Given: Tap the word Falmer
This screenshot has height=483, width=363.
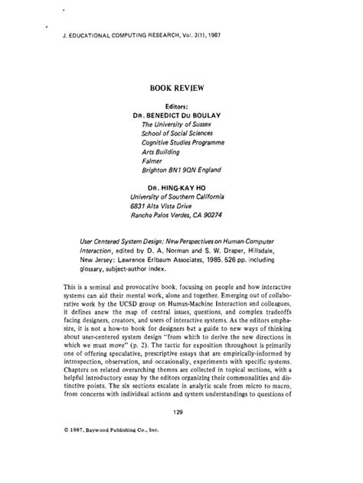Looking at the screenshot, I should point(153,160).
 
